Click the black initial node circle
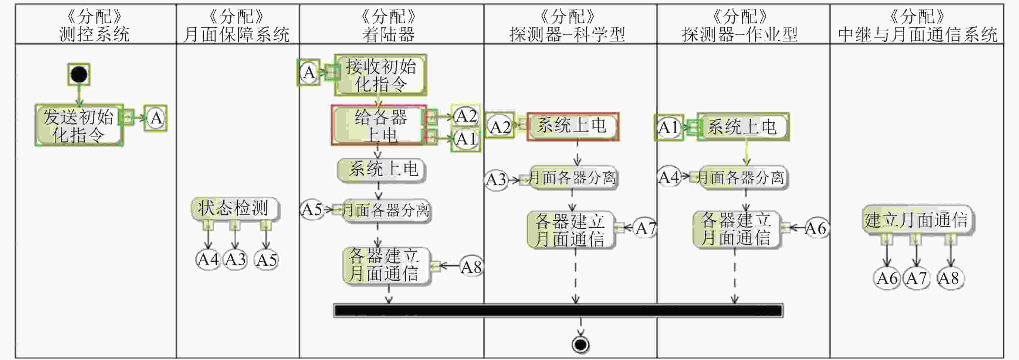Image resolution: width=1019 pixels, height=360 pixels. pos(79,74)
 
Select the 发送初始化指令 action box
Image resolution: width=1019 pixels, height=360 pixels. pos(79,126)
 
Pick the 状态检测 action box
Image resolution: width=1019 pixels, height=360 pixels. pos(234,208)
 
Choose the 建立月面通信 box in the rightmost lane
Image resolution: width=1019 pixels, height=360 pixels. pos(917,220)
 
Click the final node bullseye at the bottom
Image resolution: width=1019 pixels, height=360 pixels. pos(580,344)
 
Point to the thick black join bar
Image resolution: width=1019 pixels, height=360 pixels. pos(558,310)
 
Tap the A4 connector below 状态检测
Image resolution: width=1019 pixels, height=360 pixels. pos(208,260)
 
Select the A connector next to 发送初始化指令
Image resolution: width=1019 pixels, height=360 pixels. pos(156,118)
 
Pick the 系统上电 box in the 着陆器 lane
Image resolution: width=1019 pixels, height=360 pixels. pos(382,169)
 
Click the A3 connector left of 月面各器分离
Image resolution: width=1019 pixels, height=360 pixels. pos(496,180)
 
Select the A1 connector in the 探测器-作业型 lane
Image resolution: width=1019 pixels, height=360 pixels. pos(668,128)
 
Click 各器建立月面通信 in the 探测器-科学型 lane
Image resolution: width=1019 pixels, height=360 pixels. pos(571,230)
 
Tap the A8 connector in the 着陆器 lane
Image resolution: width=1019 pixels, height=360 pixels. pos(471,267)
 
